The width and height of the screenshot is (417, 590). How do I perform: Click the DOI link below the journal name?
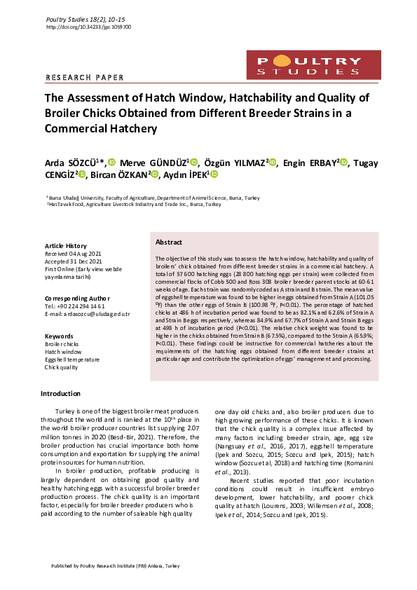(88, 27)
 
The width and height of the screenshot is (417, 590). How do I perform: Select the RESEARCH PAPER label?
(84, 78)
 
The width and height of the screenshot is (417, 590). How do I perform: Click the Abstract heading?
(169, 242)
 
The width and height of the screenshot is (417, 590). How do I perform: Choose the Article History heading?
(65, 246)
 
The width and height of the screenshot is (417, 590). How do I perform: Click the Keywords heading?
(59, 336)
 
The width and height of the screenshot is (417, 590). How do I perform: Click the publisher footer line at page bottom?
(116, 565)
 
